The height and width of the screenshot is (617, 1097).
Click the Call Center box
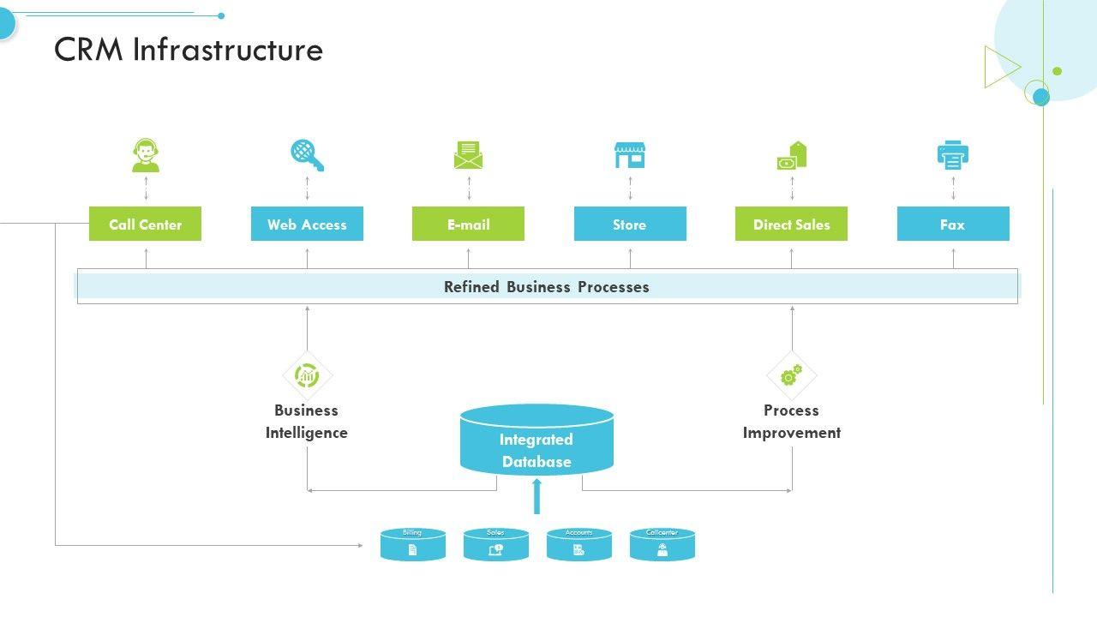pos(145,224)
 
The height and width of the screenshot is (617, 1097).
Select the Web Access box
pos(307,224)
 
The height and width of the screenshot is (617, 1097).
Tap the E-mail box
pos(468,224)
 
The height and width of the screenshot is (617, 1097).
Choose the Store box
pos(630,224)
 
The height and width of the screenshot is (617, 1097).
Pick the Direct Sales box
pos(791,224)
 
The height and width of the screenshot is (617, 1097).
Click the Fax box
pos(953,224)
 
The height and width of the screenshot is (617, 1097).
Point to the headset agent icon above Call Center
pos(146,156)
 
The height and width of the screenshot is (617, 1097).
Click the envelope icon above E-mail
pos(468,156)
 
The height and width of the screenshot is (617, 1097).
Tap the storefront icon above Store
pos(629,156)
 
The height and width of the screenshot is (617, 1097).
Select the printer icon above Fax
pos(952,155)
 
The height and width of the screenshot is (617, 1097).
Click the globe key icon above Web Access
pos(307,155)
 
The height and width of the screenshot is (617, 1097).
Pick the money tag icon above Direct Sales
pos(792,156)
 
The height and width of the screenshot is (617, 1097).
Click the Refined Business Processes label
pos(546,287)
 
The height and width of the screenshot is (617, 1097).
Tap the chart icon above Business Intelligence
pos(307,375)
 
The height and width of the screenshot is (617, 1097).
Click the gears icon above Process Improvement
pos(791,375)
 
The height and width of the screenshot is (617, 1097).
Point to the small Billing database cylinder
pos(412,546)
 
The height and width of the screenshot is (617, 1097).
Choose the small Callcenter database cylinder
pos(662,546)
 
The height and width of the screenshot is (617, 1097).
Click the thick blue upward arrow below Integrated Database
pos(537,496)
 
